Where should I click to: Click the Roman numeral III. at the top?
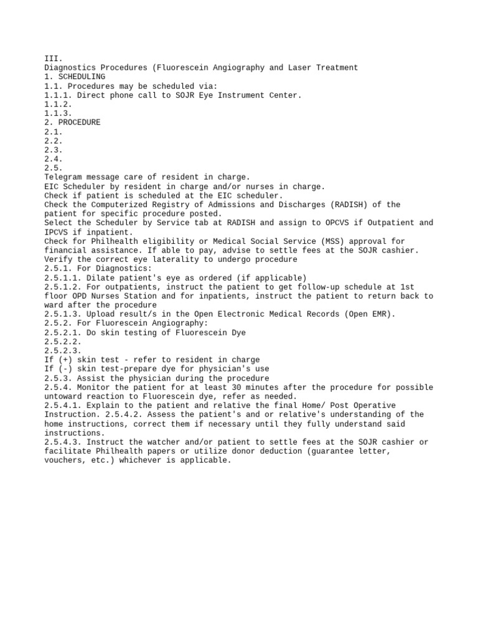coord(54,58)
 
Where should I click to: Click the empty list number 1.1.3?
coord(59,113)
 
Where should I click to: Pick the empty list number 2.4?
coord(54,159)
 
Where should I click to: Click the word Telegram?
coord(63,177)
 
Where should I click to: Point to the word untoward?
coord(63,396)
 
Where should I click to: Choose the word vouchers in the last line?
coord(63,460)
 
